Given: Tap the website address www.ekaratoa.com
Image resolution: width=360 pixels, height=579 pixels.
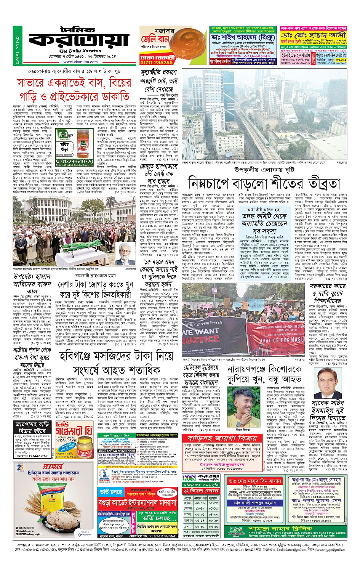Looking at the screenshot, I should pyautogui.click(x=78, y=62).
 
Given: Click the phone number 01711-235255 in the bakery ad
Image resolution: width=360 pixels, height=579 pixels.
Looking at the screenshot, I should pyautogui.click(x=156, y=63).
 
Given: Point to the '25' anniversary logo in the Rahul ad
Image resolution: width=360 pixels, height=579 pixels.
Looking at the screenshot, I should pyautogui.click(x=21, y=467).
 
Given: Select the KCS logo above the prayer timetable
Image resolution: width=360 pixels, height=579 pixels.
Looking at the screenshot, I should pyautogui.click(x=189, y=478).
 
